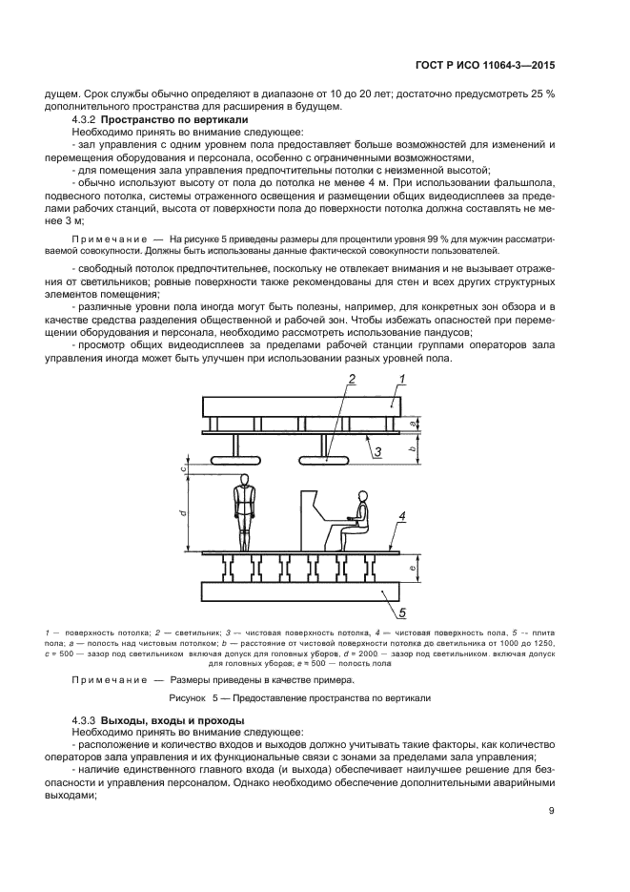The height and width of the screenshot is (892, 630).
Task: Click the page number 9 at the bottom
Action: (552, 812)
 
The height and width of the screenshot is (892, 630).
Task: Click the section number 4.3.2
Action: (87, 121)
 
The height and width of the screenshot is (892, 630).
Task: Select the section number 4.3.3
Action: (87, 718)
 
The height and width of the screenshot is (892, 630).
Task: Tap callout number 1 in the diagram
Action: (402, 379)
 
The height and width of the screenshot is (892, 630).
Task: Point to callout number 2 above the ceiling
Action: (325, 379)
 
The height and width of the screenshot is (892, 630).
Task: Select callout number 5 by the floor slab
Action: (402, 612)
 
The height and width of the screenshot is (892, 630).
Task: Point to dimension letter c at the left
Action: (181, 467)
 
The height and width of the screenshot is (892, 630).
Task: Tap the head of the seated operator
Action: (361, 497)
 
